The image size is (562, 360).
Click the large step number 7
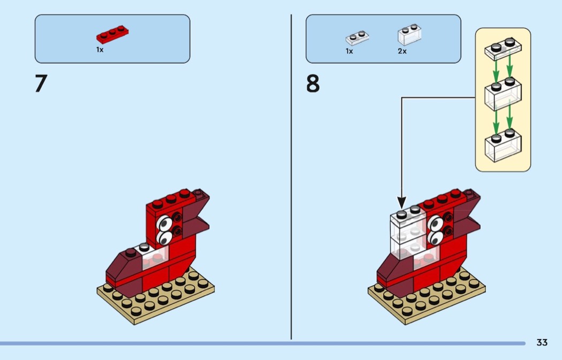41,84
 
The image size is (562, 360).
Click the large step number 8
313,84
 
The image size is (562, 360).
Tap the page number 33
542,342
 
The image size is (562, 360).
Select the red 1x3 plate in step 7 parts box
113,34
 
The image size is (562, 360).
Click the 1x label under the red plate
100,50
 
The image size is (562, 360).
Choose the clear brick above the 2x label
409,34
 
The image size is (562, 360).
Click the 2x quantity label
402,51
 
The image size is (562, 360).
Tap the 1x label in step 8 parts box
349,51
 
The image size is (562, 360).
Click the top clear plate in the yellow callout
503,49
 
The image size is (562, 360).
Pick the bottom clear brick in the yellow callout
503,143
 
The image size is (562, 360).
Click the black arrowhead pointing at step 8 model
401,203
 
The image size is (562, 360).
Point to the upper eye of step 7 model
164,222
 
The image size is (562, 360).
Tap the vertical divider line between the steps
291,177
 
